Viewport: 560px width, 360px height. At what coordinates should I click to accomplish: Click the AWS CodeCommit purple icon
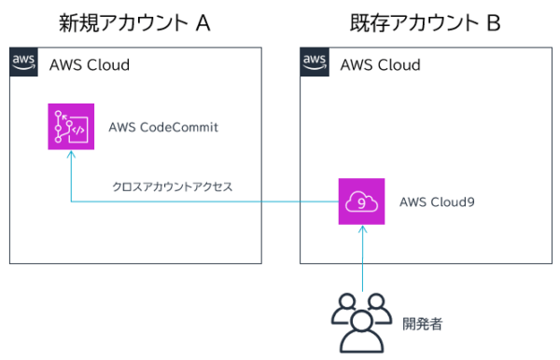[71, 126]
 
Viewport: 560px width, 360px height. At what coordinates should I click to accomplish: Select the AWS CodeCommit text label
[162, 127]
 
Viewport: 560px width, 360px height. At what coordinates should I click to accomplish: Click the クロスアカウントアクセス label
[172, 187]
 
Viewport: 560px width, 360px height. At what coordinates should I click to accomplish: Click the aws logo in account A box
[24, 62]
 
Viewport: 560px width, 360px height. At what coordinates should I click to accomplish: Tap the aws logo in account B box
[315, 62]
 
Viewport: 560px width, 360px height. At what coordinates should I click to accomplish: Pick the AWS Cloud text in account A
[89, 64]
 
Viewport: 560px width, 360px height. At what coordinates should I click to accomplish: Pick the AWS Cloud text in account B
[380, 64]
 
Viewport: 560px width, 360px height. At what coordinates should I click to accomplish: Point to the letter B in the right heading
[494, 22]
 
